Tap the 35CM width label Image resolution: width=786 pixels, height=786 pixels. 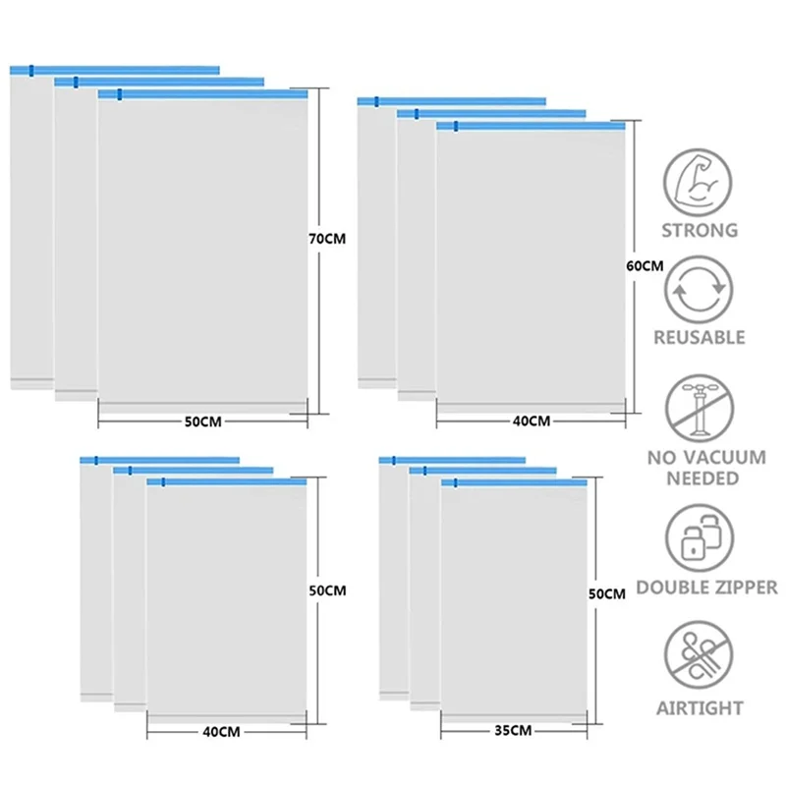click(513, 730)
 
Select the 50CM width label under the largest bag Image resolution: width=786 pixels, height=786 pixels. click(203, 421)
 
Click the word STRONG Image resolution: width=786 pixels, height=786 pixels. click(700, 231)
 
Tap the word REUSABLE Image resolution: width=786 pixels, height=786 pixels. click(700, 337)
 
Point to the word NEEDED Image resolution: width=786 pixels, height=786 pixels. click(700, 478)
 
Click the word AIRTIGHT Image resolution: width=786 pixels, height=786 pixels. click(700, 707)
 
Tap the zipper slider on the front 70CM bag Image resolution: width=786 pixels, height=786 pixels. click(119, 94)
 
